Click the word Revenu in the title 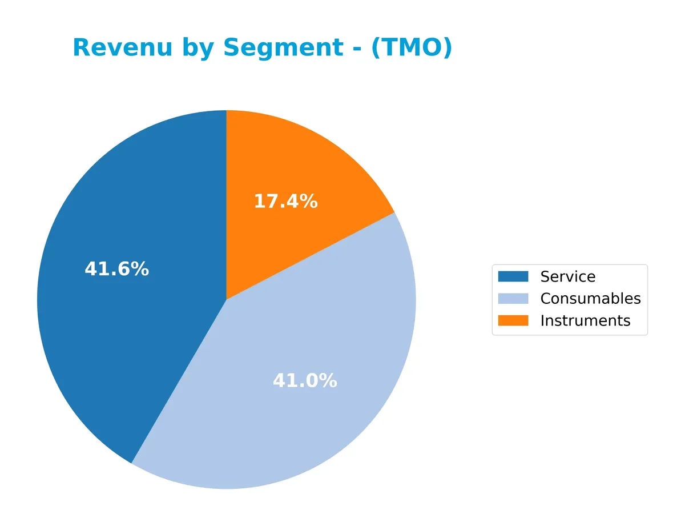click(122, 47)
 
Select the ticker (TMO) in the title click(411, 47)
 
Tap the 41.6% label click(116, 269)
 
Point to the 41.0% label click(305, 381)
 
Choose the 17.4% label click(285, 201)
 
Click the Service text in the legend click(567, 277)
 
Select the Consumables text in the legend click(590, 299)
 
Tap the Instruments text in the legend click(585, 321)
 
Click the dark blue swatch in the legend click(513, 277)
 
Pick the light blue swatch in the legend click(513, 299)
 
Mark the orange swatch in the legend click(513, 321)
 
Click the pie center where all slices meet click(227, 299)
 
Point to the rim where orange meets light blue click(394, 213)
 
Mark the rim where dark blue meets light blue click(132, 463)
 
